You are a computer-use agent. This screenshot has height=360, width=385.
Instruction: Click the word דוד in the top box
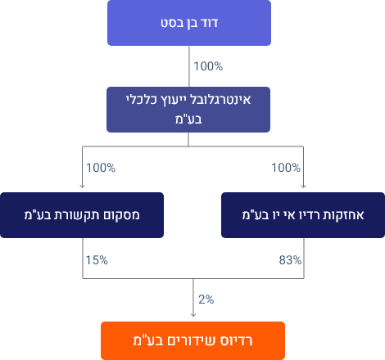point(210,23)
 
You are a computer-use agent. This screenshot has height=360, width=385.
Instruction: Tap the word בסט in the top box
point(170,23)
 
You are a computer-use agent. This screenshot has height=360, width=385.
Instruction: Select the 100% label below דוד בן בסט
point(208,66)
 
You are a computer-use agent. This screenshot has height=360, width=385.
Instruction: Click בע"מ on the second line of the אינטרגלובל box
point(188,119)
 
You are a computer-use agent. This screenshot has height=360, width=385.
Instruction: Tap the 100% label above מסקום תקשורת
point(101,168)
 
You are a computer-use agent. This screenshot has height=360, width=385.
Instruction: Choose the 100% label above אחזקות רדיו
point(286,168)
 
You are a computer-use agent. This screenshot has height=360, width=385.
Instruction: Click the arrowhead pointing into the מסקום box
point(82,187)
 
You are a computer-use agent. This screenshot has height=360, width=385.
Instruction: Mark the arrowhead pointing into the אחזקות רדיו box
point(303,187)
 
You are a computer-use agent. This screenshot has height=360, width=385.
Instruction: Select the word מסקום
point(125,215)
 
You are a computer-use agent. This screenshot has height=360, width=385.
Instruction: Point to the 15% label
point(97,260)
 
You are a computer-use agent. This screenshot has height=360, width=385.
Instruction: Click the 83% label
point(290,260)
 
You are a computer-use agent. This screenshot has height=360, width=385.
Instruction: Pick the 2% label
point(206,299)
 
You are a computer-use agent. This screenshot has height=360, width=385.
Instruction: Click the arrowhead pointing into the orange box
point(193,315)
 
